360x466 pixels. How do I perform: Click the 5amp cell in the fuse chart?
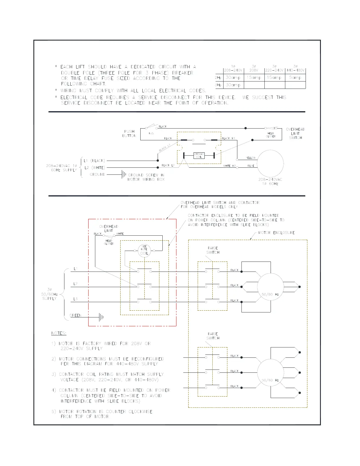[x=295, y=78]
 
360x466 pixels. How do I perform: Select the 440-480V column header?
[x=295, y=70]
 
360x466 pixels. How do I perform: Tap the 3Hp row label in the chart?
[x=218, y=85]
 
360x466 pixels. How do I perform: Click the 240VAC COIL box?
[x=199, y=155]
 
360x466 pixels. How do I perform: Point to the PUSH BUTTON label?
[x=129, y=134]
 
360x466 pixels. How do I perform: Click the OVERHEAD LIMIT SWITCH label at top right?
[x=295, y=134]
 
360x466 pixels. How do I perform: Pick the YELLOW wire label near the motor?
[x=251, y=158]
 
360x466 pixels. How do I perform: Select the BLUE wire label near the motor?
[x=251, y=166]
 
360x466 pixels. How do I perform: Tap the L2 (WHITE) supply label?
[x=94, y=168]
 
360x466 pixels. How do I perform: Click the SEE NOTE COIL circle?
[x=144, y=251]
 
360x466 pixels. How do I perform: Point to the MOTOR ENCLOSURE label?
[x=276, y=233]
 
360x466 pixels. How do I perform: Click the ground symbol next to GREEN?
[x=101, y=317]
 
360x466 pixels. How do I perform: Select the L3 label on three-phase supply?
[x=76, y=299]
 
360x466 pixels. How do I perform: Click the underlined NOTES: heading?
[x=59, y=333]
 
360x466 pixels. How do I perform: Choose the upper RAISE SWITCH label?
[x=213, y=250]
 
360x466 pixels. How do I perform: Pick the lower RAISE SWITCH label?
[x=213, y=336]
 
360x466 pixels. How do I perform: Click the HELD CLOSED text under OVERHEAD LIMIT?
[x=109, y=242]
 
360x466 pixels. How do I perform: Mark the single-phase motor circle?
[x=270, y=164]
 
